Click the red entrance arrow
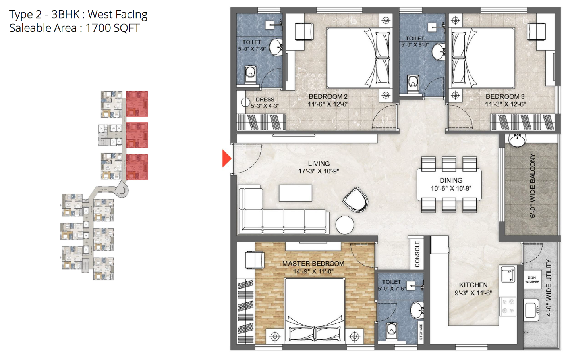click(226, 158)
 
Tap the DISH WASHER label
click(532, 280)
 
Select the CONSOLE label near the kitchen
click(417, 254)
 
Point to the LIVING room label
click(319, 164)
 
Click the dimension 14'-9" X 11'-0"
click(313, 271)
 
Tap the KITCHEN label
click(473, 285)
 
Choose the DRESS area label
click(265, 99)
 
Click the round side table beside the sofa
click(344, 225)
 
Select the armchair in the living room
click(355, 200)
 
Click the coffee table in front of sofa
click(296, 193)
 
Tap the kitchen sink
click(508, 274)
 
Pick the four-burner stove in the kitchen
click(508, 306)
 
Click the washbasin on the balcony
click(517, 141)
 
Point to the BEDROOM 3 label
click(505, 96)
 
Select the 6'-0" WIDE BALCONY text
click(533, 186)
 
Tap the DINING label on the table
click(451, 180)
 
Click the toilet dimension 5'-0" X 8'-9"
click(415, 45)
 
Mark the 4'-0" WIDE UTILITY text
click(549, 288)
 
